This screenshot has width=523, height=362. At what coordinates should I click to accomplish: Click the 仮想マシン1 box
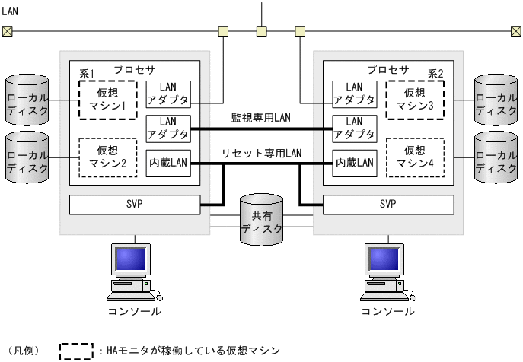[x=107, y=99]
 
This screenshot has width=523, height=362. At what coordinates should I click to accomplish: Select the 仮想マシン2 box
[x=107, y=157]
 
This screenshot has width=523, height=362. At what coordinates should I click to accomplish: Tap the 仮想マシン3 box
[x=415, y=99]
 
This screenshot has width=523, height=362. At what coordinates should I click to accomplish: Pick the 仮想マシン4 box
[x=415, y=157]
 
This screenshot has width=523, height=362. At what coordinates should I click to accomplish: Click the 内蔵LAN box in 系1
[x=167, y=162]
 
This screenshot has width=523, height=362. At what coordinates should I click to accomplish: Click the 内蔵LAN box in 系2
[x=355, y=162]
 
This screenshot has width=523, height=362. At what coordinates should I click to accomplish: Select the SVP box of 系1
[x=134, y=205]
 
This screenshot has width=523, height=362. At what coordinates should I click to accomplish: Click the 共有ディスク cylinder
[x=261, y=220]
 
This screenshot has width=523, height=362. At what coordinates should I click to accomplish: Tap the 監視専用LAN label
[x=261, y=118]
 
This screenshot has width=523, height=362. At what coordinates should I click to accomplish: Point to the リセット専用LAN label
[x=261, y=153]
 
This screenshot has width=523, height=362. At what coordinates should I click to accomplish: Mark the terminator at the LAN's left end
[x=7, y=31]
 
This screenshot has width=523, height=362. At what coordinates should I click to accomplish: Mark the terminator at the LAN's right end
[x=517, y=31]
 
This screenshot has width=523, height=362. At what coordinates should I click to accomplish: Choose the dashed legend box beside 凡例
[x=76, y=351]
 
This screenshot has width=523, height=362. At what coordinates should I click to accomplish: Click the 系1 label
[x=87, y=73]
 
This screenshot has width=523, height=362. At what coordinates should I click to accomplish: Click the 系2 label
[x=435, y=73]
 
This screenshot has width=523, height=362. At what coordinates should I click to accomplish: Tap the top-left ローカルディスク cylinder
[x=27, y=99]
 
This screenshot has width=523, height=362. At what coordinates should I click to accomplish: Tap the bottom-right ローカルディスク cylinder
[x=496, y=157]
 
